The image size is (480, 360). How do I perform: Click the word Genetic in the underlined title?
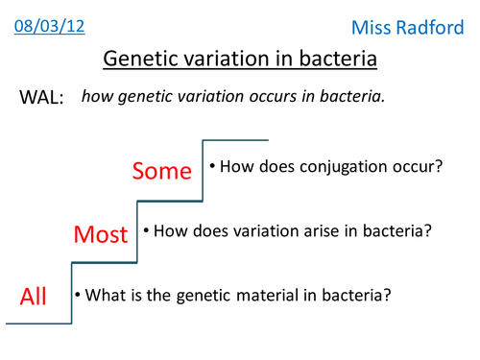click(x=142, y=60)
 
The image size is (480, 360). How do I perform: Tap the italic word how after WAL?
click(x=98, y=98)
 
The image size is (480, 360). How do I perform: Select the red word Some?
click(x=163, y=171)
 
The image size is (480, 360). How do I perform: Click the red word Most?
click(x=101, y=234)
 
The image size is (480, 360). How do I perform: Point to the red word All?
click(x=34, y=297)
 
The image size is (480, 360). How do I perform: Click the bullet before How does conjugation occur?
click(x=213, y=167)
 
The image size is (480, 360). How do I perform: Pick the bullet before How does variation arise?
click(x=146, y=230)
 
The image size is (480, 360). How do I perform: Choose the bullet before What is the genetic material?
click(x=79, y=294)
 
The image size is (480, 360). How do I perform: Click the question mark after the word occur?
click(x=438, y=167)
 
